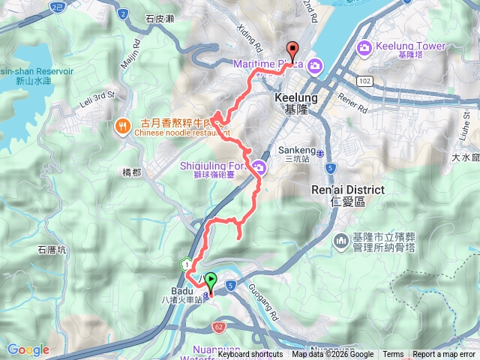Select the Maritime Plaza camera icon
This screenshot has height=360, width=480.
tap(315, 64)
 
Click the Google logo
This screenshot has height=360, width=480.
tap(28, 349)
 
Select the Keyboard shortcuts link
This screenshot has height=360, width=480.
tap(250, 355)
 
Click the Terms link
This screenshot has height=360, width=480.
tap(393, 355)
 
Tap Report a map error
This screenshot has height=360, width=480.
tap(445, 355)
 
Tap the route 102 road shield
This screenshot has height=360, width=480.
tap(365, 80)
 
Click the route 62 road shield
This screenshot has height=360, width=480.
tap(218, 327)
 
